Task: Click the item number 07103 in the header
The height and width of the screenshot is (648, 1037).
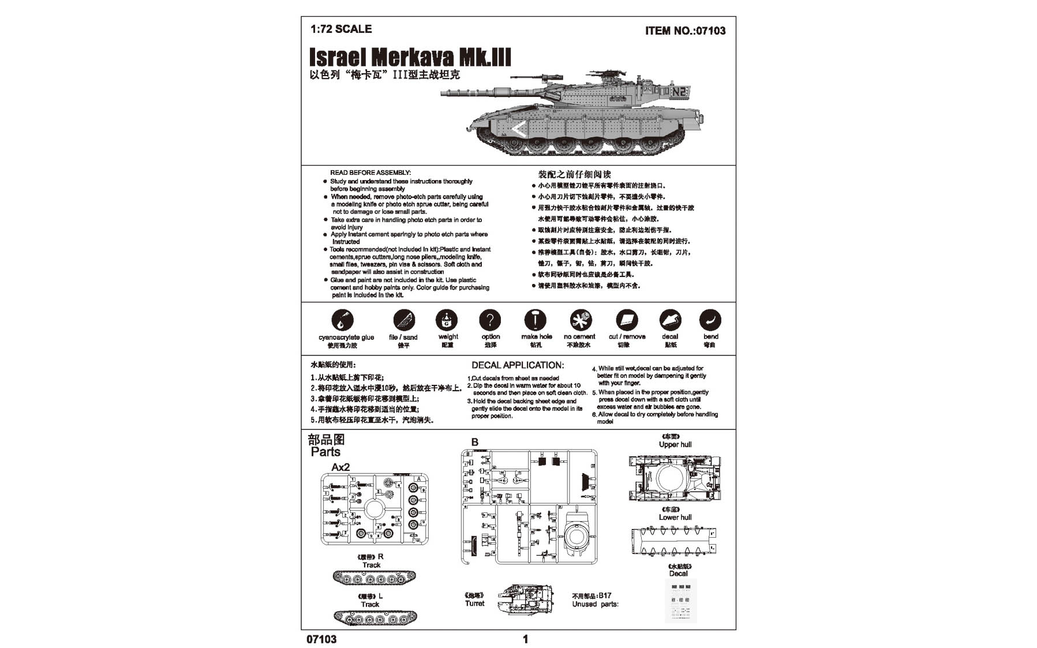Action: [685, 31]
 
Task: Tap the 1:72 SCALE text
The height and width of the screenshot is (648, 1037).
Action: [340, 29]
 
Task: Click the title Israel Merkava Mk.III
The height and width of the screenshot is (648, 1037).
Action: [410, 58]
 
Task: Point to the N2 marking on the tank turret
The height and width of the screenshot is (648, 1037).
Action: [679, 91]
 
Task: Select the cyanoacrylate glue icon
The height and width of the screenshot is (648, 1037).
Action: [342, 320]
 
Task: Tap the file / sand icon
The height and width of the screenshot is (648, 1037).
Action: [403, 320]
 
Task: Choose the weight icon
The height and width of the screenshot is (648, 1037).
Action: [447, 320]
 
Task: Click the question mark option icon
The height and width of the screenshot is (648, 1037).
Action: [490, 320]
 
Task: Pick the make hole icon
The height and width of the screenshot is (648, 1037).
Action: [535, 320]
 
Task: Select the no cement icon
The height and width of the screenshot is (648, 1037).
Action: [580, 320]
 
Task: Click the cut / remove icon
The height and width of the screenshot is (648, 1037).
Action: [627, 320]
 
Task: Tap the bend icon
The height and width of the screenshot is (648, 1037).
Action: [710, 320]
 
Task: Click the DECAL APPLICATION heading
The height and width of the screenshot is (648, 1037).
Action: [517, 365]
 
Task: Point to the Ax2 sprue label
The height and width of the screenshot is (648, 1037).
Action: [340, 467]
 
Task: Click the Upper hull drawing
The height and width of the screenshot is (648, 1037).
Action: [675, 478]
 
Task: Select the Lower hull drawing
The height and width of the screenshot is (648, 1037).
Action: [674, 541]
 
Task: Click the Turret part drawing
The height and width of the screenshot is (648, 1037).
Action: [525, 599]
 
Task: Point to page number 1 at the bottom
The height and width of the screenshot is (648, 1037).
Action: [525, 639]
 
